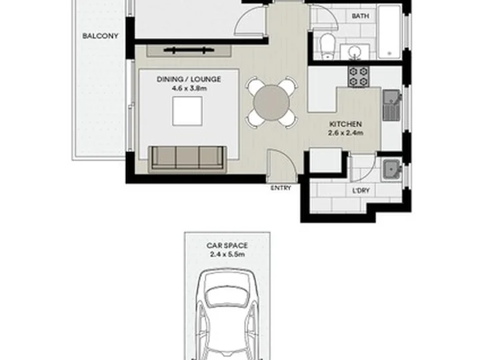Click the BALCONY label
point(100,36)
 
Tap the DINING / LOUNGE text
point(189,79)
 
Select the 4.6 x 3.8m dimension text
point(189,89)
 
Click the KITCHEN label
point(345,124)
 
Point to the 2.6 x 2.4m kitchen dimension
point(345,133)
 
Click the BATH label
point(360,16)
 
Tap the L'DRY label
point(361,191)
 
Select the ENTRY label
point(281,188)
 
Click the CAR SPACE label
point(227,245)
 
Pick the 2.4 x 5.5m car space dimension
point(227,254)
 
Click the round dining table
point(271,102)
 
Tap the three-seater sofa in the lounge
point(187,158)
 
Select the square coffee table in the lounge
point(187,111)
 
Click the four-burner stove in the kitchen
point(359,77)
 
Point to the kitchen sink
point(391,105)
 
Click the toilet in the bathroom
point(327,46)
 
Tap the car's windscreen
point(227,297)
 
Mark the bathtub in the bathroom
point(389,32)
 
